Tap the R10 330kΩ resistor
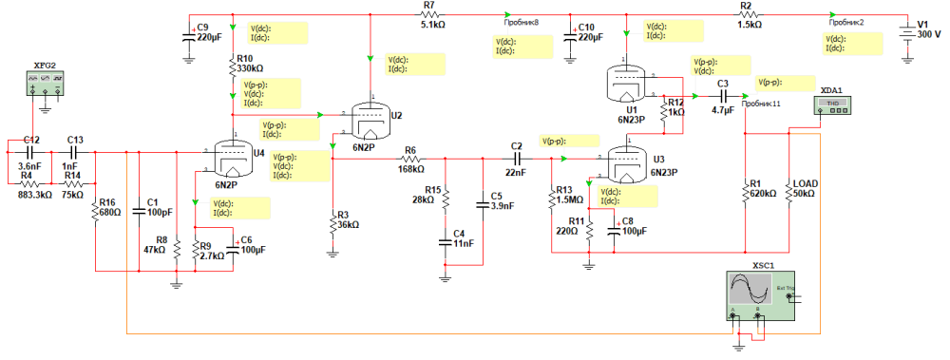pyautogui.click(x=234, y=68)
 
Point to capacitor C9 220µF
pyautogui.click(x=188, y=37)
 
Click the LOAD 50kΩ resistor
pyautogui.click(x=789, y=193)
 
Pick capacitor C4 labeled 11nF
pyautogui.click(x=445, y=241)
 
